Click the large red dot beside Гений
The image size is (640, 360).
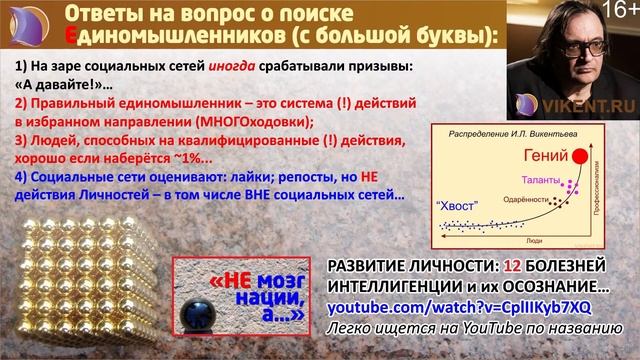[578, 156]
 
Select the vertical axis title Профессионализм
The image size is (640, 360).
[596, 191]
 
